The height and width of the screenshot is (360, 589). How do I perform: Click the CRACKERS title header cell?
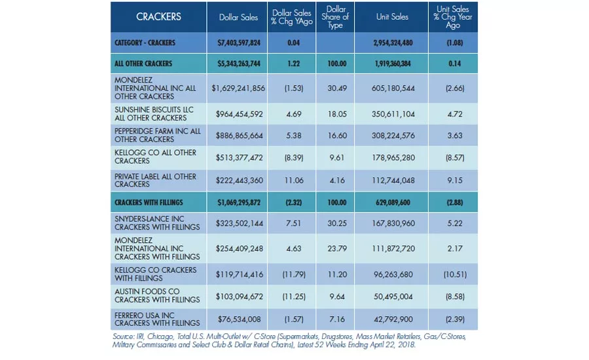(158, 17)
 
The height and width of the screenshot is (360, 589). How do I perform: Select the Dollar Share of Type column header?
(335, 17)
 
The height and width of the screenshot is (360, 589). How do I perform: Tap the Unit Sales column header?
(392, 17)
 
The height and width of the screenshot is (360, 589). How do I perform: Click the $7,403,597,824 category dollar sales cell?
(239, 43)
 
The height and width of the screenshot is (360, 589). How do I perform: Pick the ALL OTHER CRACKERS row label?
(143, 63)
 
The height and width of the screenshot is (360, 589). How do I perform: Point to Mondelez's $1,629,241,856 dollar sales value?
(238, 88)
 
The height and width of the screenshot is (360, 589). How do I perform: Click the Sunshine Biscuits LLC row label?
(154, 114)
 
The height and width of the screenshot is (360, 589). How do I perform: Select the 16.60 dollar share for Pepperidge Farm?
(337, 135)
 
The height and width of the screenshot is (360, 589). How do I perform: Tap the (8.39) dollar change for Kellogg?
(294, 158)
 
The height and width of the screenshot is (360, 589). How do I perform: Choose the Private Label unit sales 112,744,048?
(393, 181)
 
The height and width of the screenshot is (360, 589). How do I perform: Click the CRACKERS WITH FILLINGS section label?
(149, 202)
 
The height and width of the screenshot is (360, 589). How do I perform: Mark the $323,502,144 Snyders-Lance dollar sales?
(240, 224)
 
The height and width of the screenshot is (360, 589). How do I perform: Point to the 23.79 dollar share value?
(337, 249)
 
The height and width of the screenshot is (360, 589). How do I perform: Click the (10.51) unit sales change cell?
(455, 275)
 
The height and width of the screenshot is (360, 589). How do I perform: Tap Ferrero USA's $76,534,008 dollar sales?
(240, 319)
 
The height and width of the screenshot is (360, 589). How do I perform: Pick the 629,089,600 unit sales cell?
(393, 202)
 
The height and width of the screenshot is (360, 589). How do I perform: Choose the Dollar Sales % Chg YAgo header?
(292, 17)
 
